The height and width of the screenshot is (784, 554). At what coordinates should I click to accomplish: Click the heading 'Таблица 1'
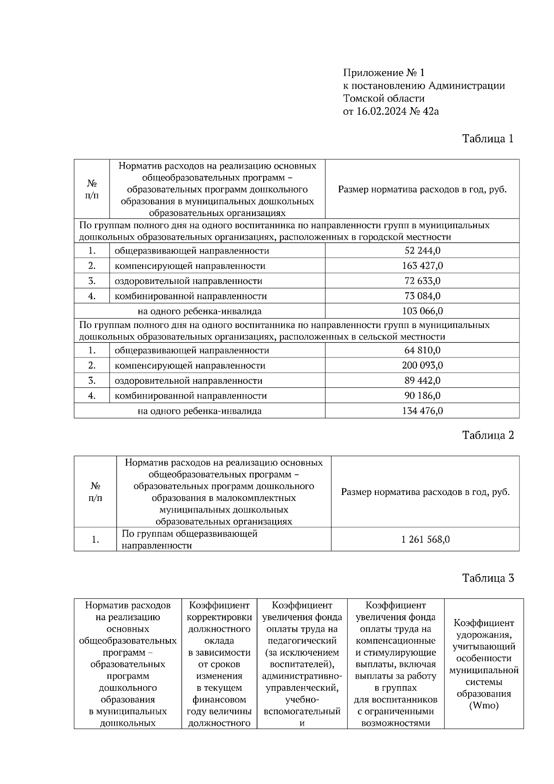tap(488, 139)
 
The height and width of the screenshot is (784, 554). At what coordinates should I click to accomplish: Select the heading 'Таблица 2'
tap(488, 435)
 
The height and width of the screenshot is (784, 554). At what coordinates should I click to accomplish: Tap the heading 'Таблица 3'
tap(488, 578)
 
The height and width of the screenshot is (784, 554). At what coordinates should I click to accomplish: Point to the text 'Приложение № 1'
tap(383, 73)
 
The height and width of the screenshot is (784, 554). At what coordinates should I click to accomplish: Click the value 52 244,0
tap(422, 251)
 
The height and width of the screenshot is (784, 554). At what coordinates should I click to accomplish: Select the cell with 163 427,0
tap(422, 266)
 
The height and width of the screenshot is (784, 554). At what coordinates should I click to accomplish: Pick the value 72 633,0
tap(422, 281)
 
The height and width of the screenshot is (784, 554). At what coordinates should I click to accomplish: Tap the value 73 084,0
tap(422, 296)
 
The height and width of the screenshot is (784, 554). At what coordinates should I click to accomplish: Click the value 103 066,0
tap(422, 311)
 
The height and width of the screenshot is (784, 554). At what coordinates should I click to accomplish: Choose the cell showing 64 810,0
tap(422, 350)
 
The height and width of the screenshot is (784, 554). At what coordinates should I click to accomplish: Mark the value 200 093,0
tap(422, 365)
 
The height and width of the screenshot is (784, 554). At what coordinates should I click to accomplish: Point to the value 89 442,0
tap(422, 380)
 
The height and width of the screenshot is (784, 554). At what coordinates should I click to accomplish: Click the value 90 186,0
tap(422, 396)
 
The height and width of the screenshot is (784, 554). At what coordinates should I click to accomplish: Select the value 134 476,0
tap(422, 411)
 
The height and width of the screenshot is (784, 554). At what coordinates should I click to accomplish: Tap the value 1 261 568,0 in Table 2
tap(425, 539)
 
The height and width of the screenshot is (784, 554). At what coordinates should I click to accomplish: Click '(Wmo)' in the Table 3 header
tap(483, 706)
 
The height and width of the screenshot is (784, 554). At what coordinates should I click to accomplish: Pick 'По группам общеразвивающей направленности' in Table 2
tap(189, 539)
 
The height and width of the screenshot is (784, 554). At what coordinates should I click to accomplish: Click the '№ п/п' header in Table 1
tap(92, 189)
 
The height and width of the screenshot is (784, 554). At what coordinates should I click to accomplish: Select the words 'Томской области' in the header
tap(384, 98)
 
